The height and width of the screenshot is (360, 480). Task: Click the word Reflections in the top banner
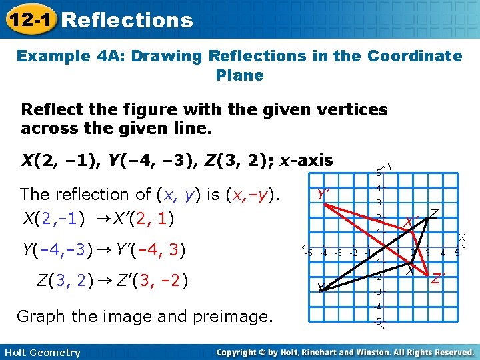tap(127, 20)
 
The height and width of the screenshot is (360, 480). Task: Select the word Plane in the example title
tap(240, 75)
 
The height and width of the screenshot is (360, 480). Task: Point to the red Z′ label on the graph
tap(438, 278)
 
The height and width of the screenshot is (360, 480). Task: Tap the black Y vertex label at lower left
tap(321, 287)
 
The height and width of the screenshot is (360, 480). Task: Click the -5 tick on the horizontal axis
tap(307, 253)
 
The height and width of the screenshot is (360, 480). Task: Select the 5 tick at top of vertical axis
tap(378, 173)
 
